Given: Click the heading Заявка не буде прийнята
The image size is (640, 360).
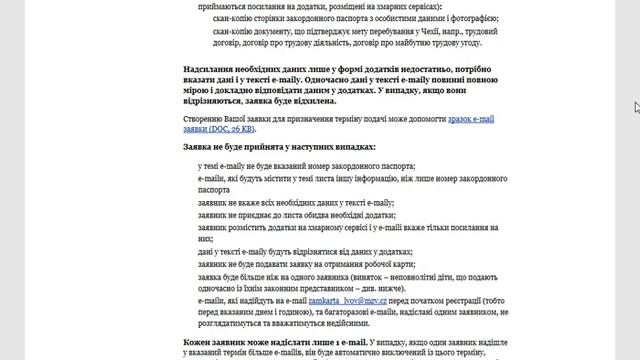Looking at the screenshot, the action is (x=236, y=147).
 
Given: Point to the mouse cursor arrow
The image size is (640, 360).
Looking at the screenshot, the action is (x=636, y=107).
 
